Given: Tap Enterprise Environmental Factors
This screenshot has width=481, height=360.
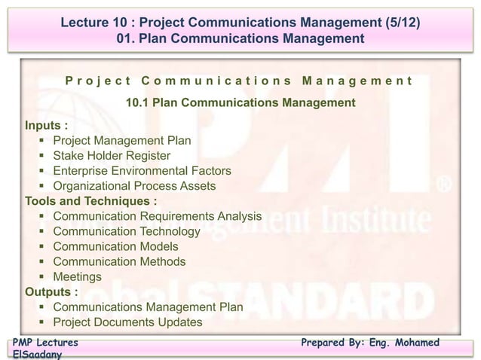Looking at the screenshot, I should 142,171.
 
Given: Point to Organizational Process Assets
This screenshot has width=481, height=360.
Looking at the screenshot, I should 134,186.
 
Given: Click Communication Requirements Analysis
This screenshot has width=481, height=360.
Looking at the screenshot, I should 157,217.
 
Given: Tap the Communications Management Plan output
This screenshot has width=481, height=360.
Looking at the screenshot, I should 148,307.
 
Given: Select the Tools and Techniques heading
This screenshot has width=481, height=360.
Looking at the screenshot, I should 92,201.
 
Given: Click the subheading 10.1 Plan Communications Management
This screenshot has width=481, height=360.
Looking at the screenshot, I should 240,102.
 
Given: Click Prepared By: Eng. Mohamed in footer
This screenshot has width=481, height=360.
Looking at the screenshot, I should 370,343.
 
